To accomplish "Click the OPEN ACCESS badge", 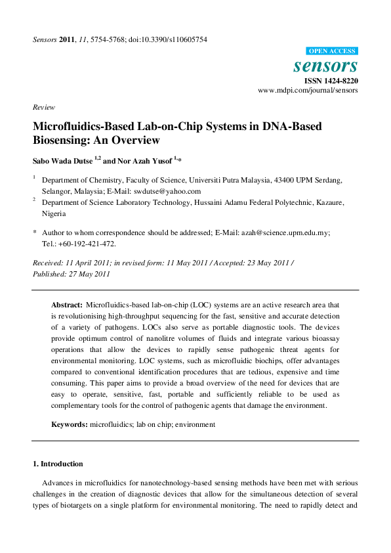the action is coord(332,51).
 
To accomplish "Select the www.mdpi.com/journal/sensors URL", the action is coord(308,91).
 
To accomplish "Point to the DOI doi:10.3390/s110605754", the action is coord(171,39).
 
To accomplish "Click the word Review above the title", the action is coord(44,107).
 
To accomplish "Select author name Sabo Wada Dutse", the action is coord(61,160).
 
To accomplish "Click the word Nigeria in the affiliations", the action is coord(54,213).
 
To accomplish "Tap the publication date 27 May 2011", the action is coord(90,273).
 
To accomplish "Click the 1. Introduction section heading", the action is coord(58,464).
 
